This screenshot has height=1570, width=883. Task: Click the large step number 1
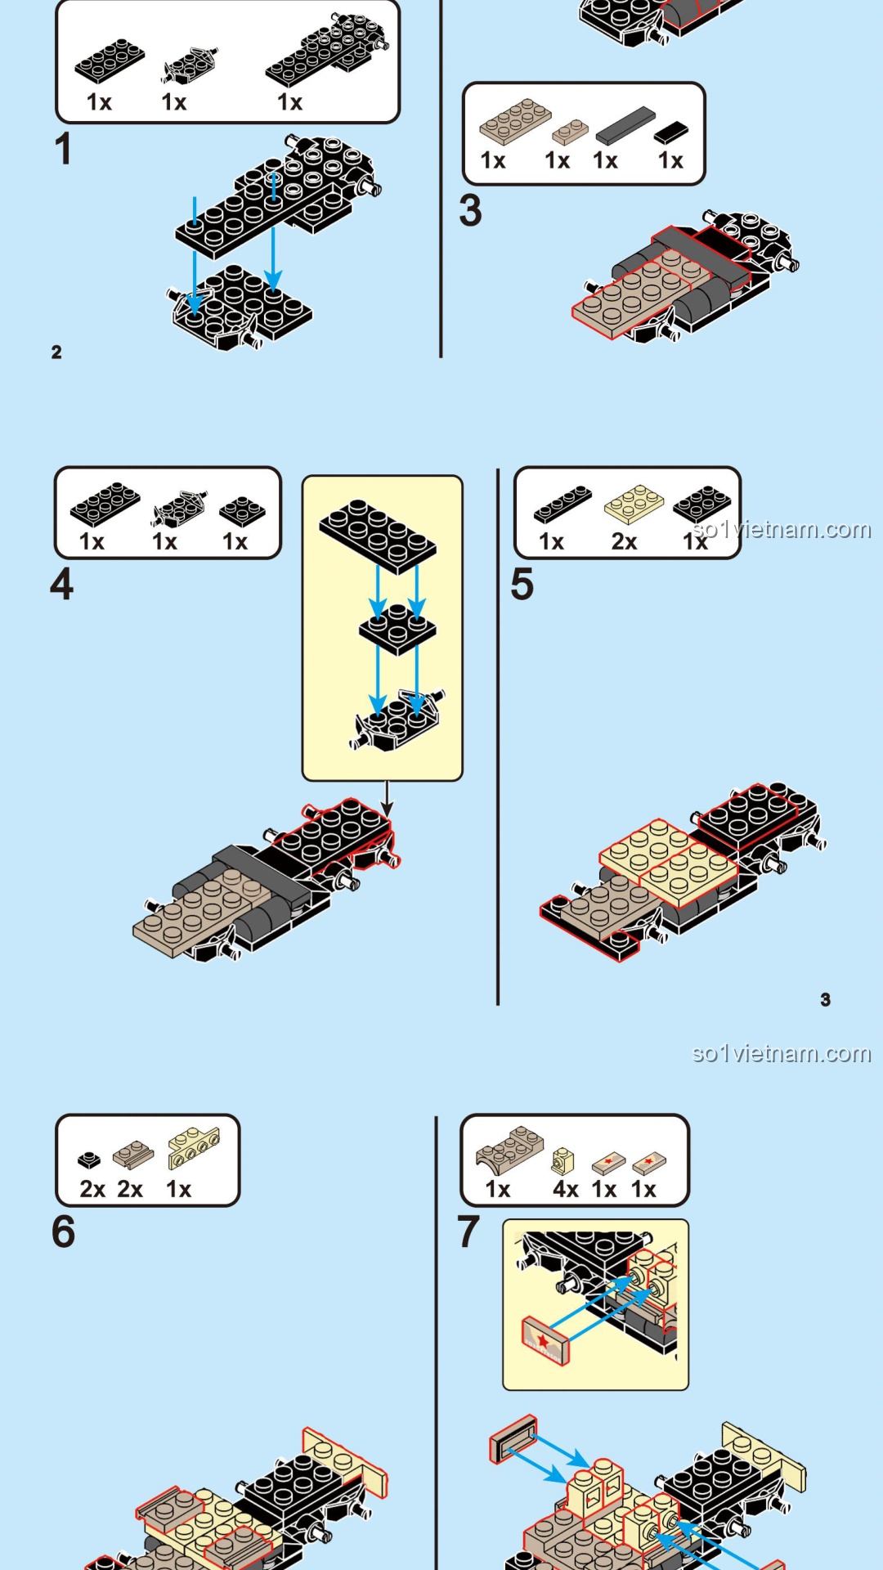click(x=63, y=150)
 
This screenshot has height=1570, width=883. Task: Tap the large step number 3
click(x=470, y=211)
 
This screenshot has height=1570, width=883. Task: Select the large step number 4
click(x=61, y=585)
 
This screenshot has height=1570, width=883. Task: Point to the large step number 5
click(x=522, y=585)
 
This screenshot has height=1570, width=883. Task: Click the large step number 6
click(x=63, y=1231)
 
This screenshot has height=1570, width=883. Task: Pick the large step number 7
click(x=468, y=1231)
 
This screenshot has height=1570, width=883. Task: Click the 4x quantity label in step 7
click(x=566, y=1189)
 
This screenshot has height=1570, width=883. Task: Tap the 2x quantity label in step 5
click(x=624, y=541)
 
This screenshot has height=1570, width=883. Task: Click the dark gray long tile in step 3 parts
click(x=625, y=125)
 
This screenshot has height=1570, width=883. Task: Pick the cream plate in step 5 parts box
click(x=634, y=504)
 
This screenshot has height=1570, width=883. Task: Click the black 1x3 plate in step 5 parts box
click(x=563, y=504)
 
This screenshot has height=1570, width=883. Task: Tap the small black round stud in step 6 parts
click(x=89, y=1160)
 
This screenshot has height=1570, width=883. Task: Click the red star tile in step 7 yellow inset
click(x=544, y=1339)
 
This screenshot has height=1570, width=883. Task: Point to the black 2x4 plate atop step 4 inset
click(x=378, y=536)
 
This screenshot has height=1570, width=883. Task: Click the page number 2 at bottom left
click(x=56, y=352)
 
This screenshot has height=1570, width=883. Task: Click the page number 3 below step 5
click(x=825, y=999)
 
